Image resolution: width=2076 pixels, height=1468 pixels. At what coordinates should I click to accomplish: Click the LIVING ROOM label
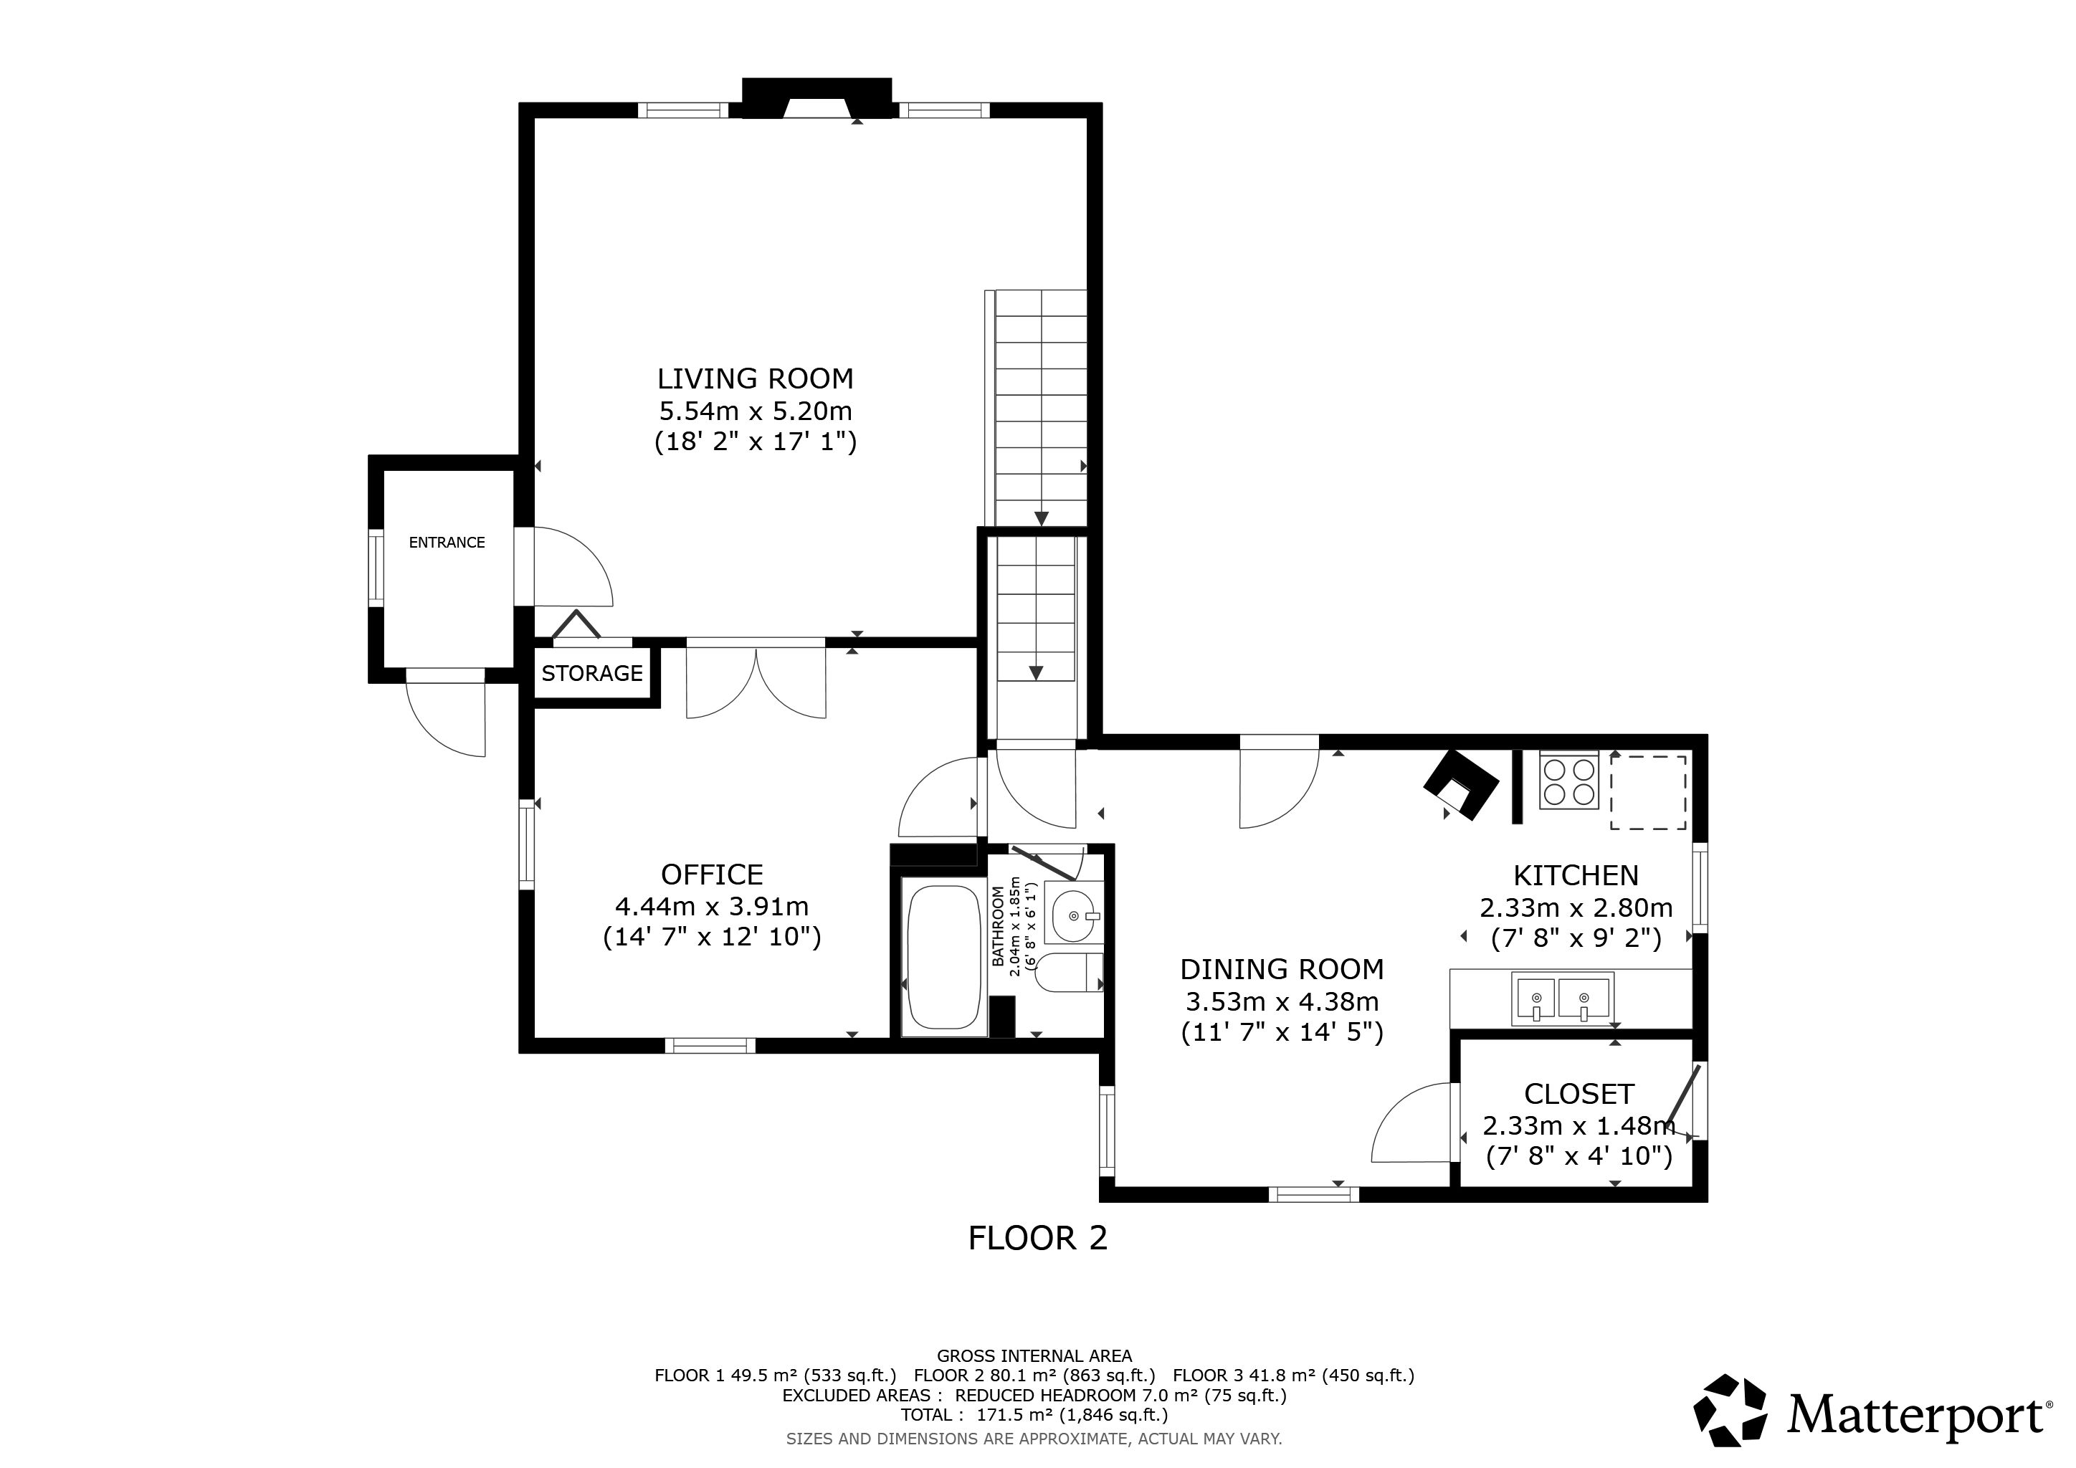click(755, 378)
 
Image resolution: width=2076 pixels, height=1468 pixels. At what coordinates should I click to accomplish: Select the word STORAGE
click(592, 674)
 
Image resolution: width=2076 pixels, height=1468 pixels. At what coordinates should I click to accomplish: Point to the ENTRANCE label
click(447, 543)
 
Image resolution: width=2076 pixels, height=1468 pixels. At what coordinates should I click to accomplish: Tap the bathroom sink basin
click(1073, 915)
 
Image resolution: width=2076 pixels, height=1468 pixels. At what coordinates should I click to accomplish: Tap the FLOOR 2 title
click(1037, 1237)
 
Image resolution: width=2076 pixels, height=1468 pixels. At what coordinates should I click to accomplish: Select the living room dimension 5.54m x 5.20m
click(755, 411)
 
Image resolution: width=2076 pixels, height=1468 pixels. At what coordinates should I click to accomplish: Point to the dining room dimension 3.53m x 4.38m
click(1282, 1001)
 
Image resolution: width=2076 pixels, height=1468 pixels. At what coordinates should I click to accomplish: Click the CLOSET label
click(1579, 1094)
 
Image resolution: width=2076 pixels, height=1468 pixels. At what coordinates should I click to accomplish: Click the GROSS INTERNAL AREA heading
click(1034, 1356)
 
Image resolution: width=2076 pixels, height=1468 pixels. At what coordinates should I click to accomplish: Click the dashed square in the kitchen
click(1648, 793)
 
